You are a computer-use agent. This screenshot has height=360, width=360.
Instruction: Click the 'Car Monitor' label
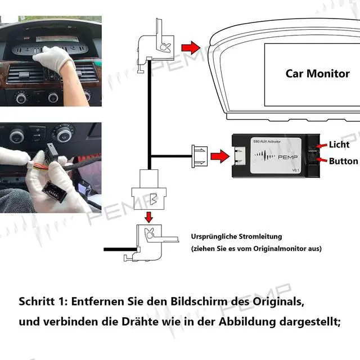(x=317, y=73)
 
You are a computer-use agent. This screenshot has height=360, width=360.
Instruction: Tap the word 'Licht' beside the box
(x=339, y=145)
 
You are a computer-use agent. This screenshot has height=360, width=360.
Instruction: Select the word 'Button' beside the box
(x=343, y=161)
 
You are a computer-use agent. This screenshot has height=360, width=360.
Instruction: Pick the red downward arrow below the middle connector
(x=148, y=217)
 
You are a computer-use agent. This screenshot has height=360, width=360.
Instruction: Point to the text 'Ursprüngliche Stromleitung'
(x=236, y=237)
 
